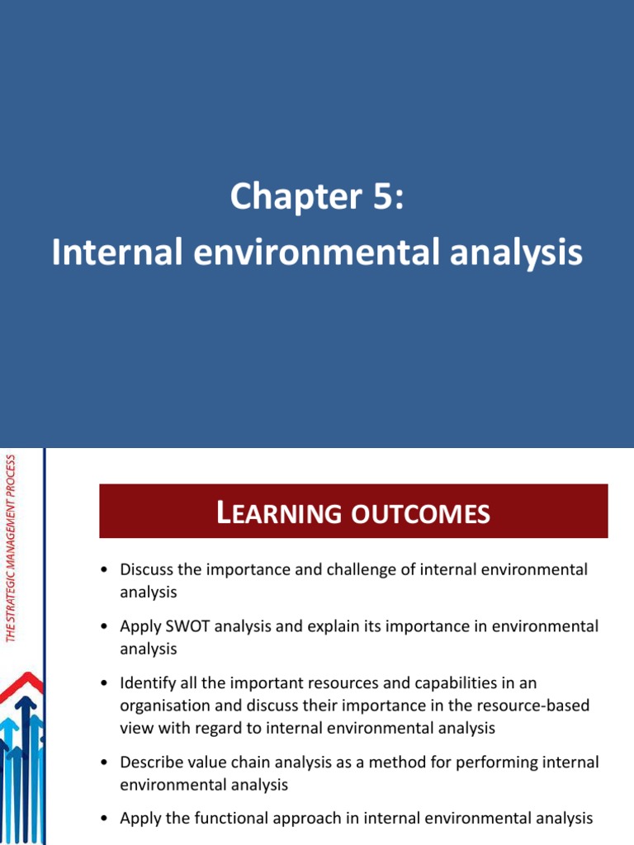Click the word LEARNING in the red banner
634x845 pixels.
(272, 514)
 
